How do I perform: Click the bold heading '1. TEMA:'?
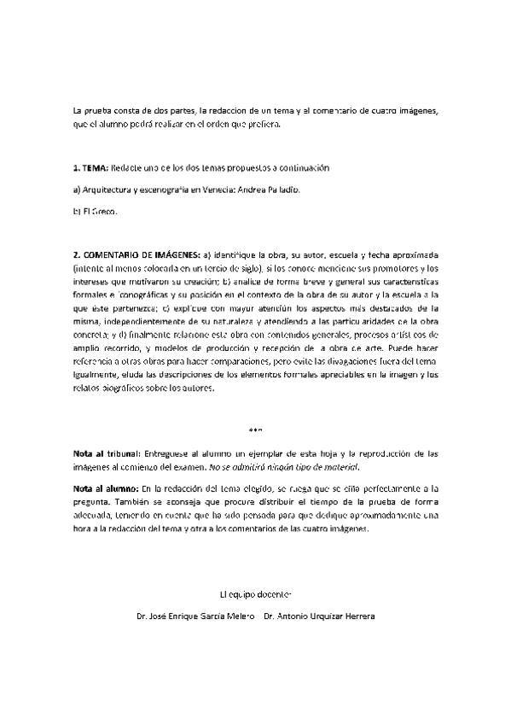90,167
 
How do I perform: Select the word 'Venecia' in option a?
215,189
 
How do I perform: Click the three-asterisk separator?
256,429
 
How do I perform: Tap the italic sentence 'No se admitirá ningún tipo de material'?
287,466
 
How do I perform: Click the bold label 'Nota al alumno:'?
105,488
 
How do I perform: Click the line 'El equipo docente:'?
256,592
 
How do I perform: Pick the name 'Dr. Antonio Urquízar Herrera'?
320,616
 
